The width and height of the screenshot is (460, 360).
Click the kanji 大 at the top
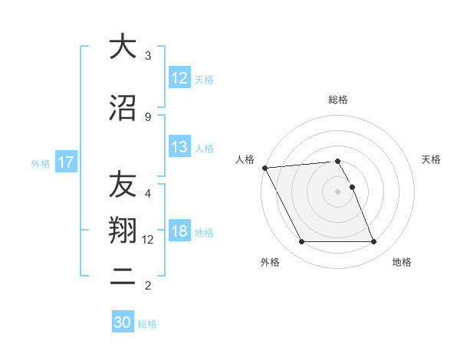[121, 47]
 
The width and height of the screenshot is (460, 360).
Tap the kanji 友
[121, 185]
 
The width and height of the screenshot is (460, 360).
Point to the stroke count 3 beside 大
[148, 56]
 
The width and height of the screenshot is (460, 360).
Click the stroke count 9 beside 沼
[148, 116]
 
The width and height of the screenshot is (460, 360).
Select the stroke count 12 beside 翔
[148, 240]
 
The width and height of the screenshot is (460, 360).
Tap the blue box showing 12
[179, 78]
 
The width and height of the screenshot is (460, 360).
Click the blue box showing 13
[179, 147]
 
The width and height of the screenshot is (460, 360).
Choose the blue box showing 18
[179, 232]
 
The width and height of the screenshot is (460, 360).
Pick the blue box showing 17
[65, 162]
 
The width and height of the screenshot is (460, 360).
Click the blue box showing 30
[123, 323]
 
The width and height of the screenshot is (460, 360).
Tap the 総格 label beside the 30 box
[147, 324]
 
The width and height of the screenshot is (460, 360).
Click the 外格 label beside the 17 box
[41, 163]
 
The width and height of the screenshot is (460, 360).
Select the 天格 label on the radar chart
[432, 159]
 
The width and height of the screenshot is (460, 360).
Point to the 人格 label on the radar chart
[245, 159]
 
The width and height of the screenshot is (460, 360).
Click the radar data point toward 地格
[373, 242]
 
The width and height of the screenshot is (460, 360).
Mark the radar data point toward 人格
[264, 168]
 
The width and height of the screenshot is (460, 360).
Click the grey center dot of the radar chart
[338, 191]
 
